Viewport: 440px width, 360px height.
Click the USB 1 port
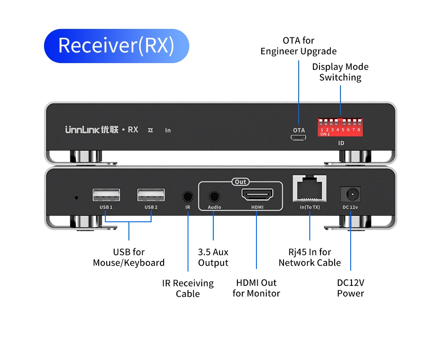point(106,196)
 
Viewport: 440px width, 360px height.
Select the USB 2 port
point(151,196)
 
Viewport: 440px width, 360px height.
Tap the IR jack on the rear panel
point(188,196)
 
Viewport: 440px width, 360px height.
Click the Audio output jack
point(214,196)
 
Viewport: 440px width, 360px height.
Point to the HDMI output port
point(257,195)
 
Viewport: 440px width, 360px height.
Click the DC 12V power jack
point(350,195)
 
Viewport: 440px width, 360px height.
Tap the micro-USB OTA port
point(299,138)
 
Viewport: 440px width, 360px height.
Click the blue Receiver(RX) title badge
point(116,46)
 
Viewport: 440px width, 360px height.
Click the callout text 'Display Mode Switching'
point(340,72)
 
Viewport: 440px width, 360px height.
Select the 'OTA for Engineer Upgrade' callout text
point(299,46)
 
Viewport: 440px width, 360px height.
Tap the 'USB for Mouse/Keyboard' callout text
point(128,257)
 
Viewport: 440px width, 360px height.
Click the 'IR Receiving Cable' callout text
point(188,288)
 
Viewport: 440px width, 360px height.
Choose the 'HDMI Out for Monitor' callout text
point(256,288)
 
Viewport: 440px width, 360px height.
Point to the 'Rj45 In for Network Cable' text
point(309,257)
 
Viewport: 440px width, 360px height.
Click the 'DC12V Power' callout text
point(350,288)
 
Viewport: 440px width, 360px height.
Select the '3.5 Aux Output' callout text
point(213,257)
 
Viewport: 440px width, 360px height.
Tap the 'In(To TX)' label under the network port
point(310,207)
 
